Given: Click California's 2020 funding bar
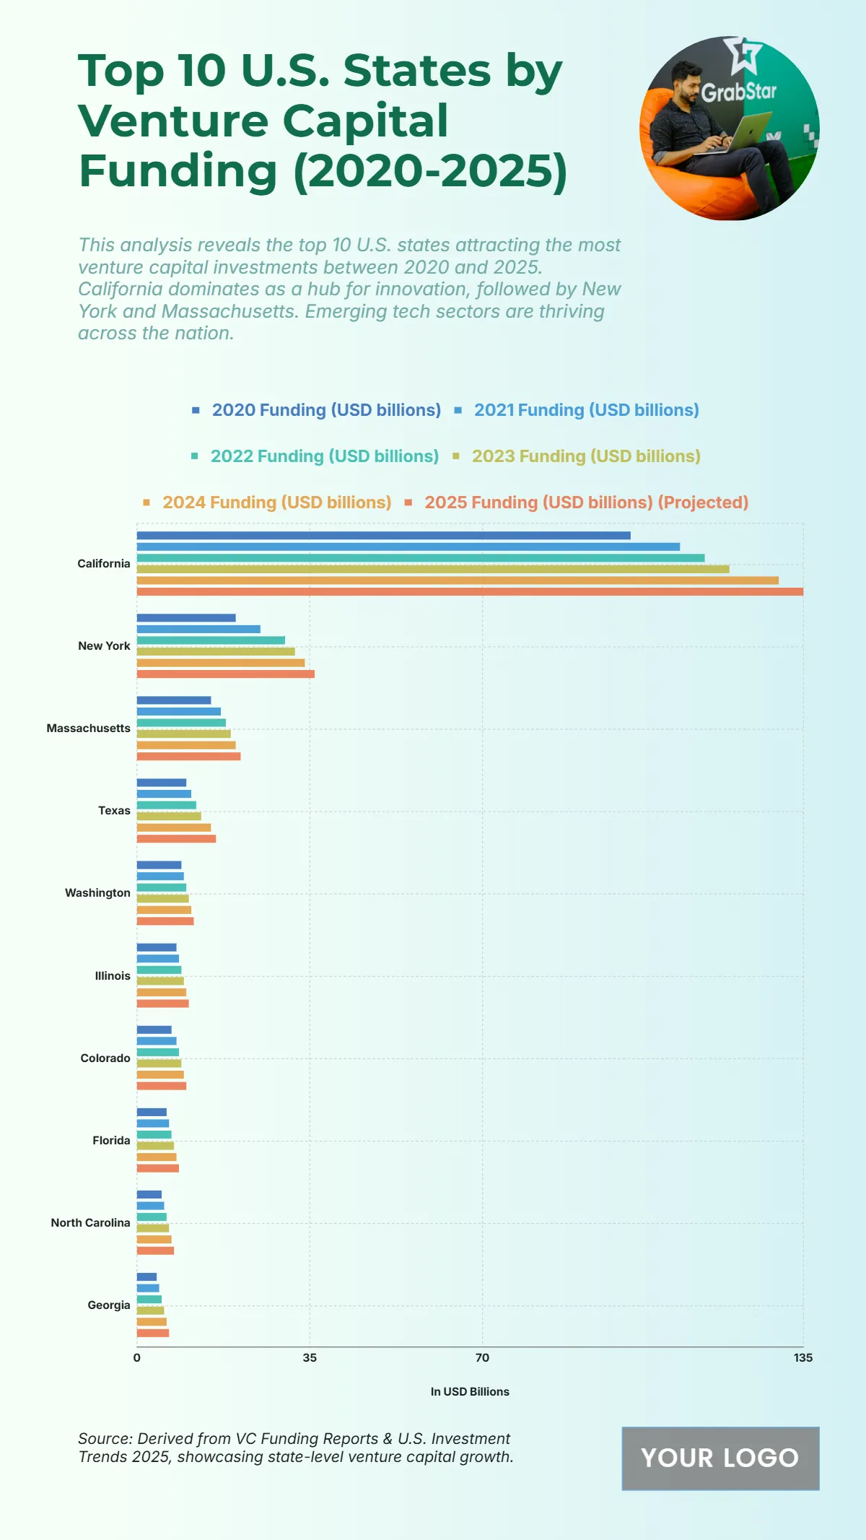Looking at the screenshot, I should tap(383, 535).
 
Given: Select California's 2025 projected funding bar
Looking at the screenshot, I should tap(470, 591).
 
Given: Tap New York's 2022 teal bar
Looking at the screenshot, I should tap(211, 640).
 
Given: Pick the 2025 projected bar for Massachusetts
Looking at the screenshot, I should tap(188, 756).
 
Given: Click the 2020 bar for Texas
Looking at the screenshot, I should tap(162, 783).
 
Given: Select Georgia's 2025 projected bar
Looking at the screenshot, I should tap(153, 1333).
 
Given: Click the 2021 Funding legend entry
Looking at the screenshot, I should tap(585, 410).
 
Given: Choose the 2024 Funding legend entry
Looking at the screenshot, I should tap(276, 503).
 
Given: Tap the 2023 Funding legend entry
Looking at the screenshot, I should tap(585, 456).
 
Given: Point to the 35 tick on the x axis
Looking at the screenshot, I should tap(310, 1358).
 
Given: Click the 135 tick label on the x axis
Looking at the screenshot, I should tap(802, 1358).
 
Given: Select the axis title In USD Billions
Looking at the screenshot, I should tap(470, 1392).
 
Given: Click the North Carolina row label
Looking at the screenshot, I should tap(90, 1222).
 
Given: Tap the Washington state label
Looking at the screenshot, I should tap(97, 893).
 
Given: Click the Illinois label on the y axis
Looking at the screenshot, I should tap(113, 975).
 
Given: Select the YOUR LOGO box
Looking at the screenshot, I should tap(720, 1458).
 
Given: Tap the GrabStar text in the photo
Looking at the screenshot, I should tap(738, 92).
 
